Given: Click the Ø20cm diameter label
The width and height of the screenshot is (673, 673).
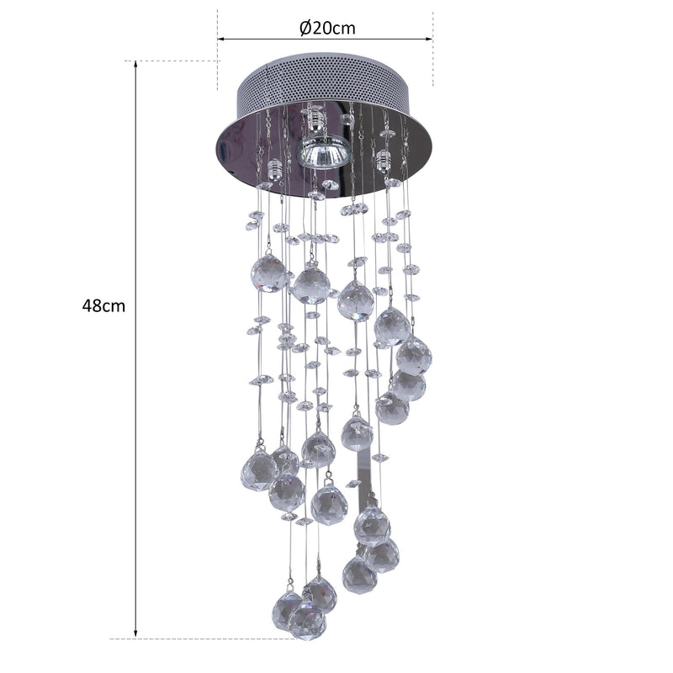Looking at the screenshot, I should click(x=327, y=28).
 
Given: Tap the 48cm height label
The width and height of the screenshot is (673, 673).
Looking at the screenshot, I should click(x=103, y=306).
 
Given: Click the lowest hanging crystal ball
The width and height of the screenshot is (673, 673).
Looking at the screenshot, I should click(x=306, y=620).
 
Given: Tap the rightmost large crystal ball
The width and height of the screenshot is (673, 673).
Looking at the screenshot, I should click(x=414, y=355).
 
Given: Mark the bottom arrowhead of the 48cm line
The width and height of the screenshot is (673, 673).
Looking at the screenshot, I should click(x=136, y=632).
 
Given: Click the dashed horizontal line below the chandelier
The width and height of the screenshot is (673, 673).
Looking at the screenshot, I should click(x=210, y=639).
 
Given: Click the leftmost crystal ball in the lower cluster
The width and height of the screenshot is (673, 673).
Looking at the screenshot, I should click(x=259, y=471).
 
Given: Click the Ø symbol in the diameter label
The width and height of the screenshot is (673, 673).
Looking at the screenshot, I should click(x=305, y=28).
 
